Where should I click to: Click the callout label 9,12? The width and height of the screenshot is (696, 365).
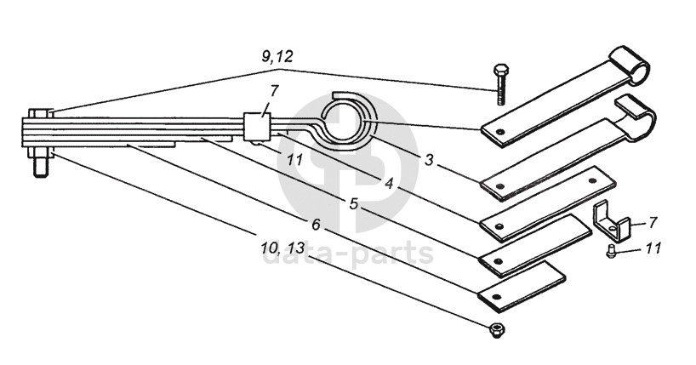point(277,57)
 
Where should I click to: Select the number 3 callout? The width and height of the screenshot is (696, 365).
point(428,159)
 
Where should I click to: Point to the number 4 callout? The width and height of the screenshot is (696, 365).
point(390,182)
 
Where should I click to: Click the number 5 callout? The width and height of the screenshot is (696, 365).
point(353,204)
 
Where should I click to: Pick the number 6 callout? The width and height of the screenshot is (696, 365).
point(316,225)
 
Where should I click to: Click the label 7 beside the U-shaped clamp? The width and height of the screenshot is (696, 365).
point(652,222)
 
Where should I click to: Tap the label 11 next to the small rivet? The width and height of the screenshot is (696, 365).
point(653,248)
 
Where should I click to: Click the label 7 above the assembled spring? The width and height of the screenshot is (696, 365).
point(273,91)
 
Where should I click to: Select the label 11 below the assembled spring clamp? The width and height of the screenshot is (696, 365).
point(294,159)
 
